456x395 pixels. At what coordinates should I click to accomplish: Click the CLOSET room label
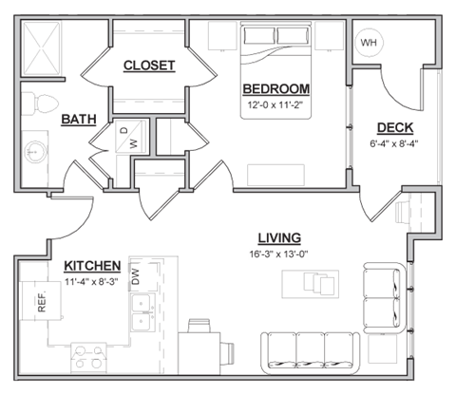pos(149,66)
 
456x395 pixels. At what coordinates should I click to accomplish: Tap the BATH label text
pos(77,120)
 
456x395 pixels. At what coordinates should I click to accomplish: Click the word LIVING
pos(279,237)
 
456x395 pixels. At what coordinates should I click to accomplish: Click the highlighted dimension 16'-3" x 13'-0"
pos(279,254)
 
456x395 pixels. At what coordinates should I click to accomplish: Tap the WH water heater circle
pos(367,43)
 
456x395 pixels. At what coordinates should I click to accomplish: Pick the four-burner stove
pos(91,357)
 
